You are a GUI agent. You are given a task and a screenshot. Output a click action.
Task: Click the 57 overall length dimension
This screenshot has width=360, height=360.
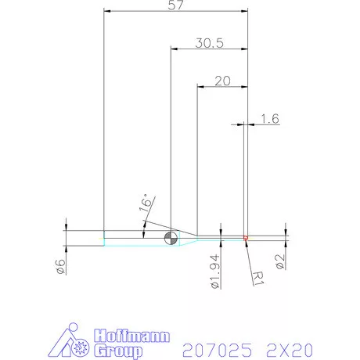point(176,5)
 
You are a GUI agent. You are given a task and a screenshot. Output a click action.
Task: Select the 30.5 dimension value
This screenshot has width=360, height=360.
point(209,44)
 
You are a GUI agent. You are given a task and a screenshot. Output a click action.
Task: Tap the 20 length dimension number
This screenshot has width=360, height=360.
point(222,81)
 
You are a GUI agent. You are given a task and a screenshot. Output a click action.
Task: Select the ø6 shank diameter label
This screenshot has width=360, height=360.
point(60,266)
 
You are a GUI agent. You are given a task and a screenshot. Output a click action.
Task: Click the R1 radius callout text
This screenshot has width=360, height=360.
point(259,275)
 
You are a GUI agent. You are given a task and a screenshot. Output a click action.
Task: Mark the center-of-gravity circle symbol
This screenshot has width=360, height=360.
point(171,238)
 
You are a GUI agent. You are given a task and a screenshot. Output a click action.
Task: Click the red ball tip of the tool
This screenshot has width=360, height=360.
point(246,237)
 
